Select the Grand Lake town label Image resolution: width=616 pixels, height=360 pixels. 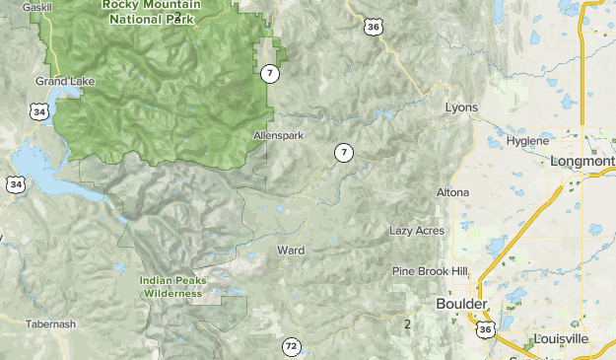tap(58, 81)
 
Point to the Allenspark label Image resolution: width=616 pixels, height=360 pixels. tap(279, 135)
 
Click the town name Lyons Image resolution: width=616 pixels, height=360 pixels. tap(461, 108)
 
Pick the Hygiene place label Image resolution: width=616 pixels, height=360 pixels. tap(526, 141)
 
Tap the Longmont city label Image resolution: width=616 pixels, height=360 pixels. tap(583, 161)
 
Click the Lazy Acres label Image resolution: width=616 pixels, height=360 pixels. tap(416, 231)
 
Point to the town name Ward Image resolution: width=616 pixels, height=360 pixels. tap(291, 251)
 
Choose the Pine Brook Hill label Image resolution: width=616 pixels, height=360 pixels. tap(430, 271)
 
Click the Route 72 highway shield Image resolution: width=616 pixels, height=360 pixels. tap(291, 346)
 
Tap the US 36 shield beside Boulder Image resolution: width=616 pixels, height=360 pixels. tap(485, 327)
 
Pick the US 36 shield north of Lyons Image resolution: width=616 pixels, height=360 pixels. tap(372, 27)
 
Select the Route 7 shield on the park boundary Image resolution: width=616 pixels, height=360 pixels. tap(270, 73)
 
